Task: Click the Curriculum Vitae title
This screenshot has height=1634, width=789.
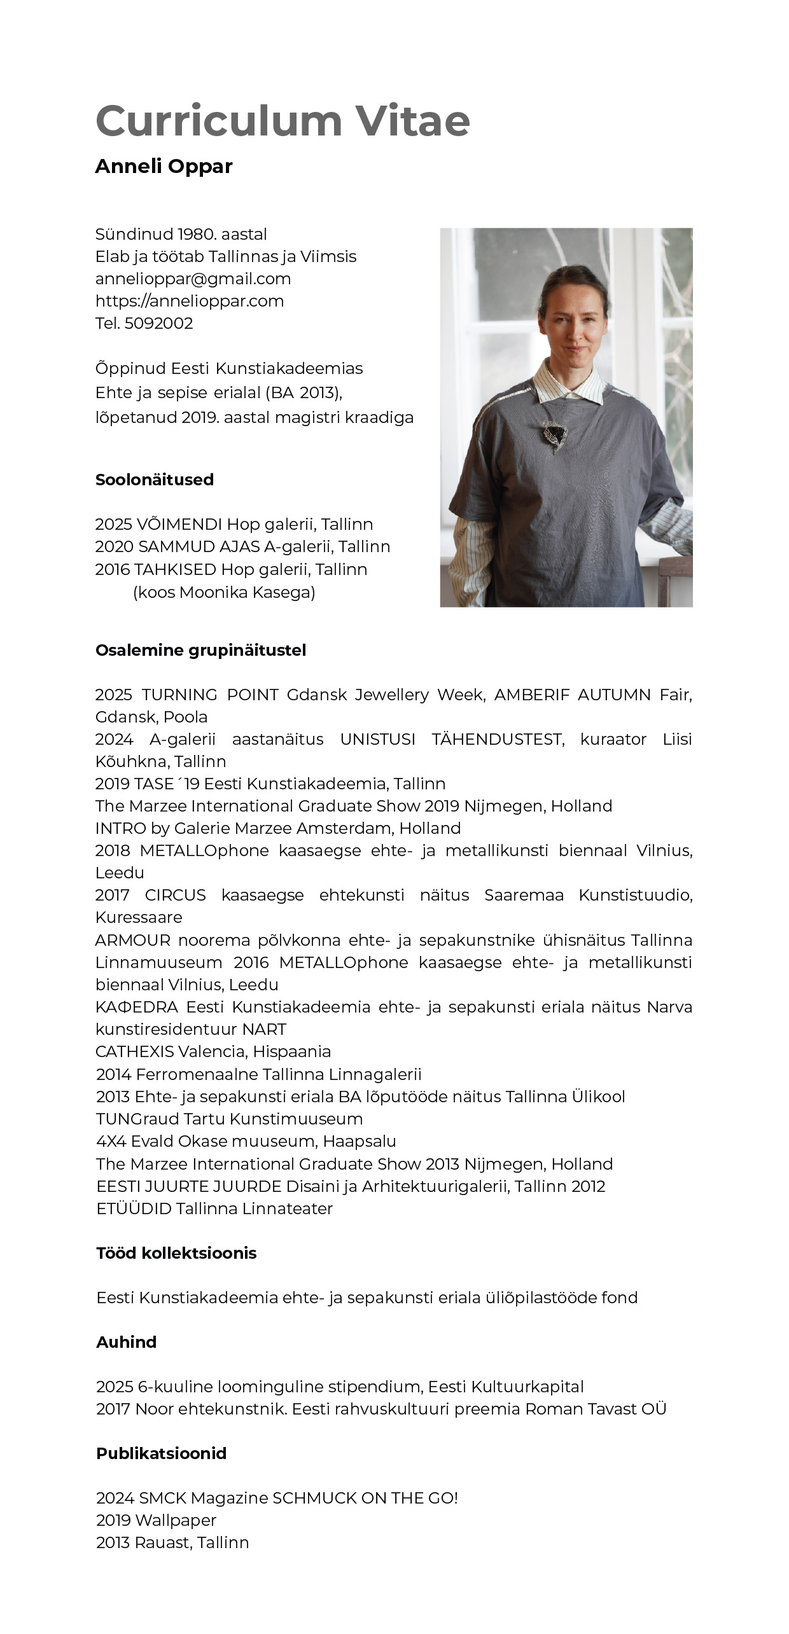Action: pyautogui.click(x=283, y=120)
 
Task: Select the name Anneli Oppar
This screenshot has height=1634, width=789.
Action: pyautogui.click(x=164, y=166)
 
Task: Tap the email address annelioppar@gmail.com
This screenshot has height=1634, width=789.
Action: pyautogui.click(x=193, y=279)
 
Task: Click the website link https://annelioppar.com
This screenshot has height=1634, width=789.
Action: pyautogui.click(x=190, y=301)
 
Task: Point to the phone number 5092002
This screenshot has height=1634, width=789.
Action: pyautogui.click(x=158, y=323)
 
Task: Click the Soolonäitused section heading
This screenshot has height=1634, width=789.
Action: pyautogui.click(x=155, y=480)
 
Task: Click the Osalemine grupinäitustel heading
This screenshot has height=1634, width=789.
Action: pyautogui.click(x=200, y=650)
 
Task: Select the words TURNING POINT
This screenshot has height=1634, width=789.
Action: pyautogui.click(x=210, y=695)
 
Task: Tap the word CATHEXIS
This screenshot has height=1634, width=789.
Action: pyautogui.click(x=134, y=1051)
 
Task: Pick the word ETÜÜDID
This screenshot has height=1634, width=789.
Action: pyautogui.click(x=134, y=1208)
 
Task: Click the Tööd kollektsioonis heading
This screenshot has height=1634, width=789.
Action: pyautogui.click(x=176, y=1253)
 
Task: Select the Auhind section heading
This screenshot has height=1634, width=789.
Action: pyautogui.click(x=126, y=1342)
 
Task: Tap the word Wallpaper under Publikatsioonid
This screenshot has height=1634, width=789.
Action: pyautogui.click(x=176, y=1520)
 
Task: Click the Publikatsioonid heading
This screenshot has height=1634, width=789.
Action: pyautogui.click(x=161, y=1453)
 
